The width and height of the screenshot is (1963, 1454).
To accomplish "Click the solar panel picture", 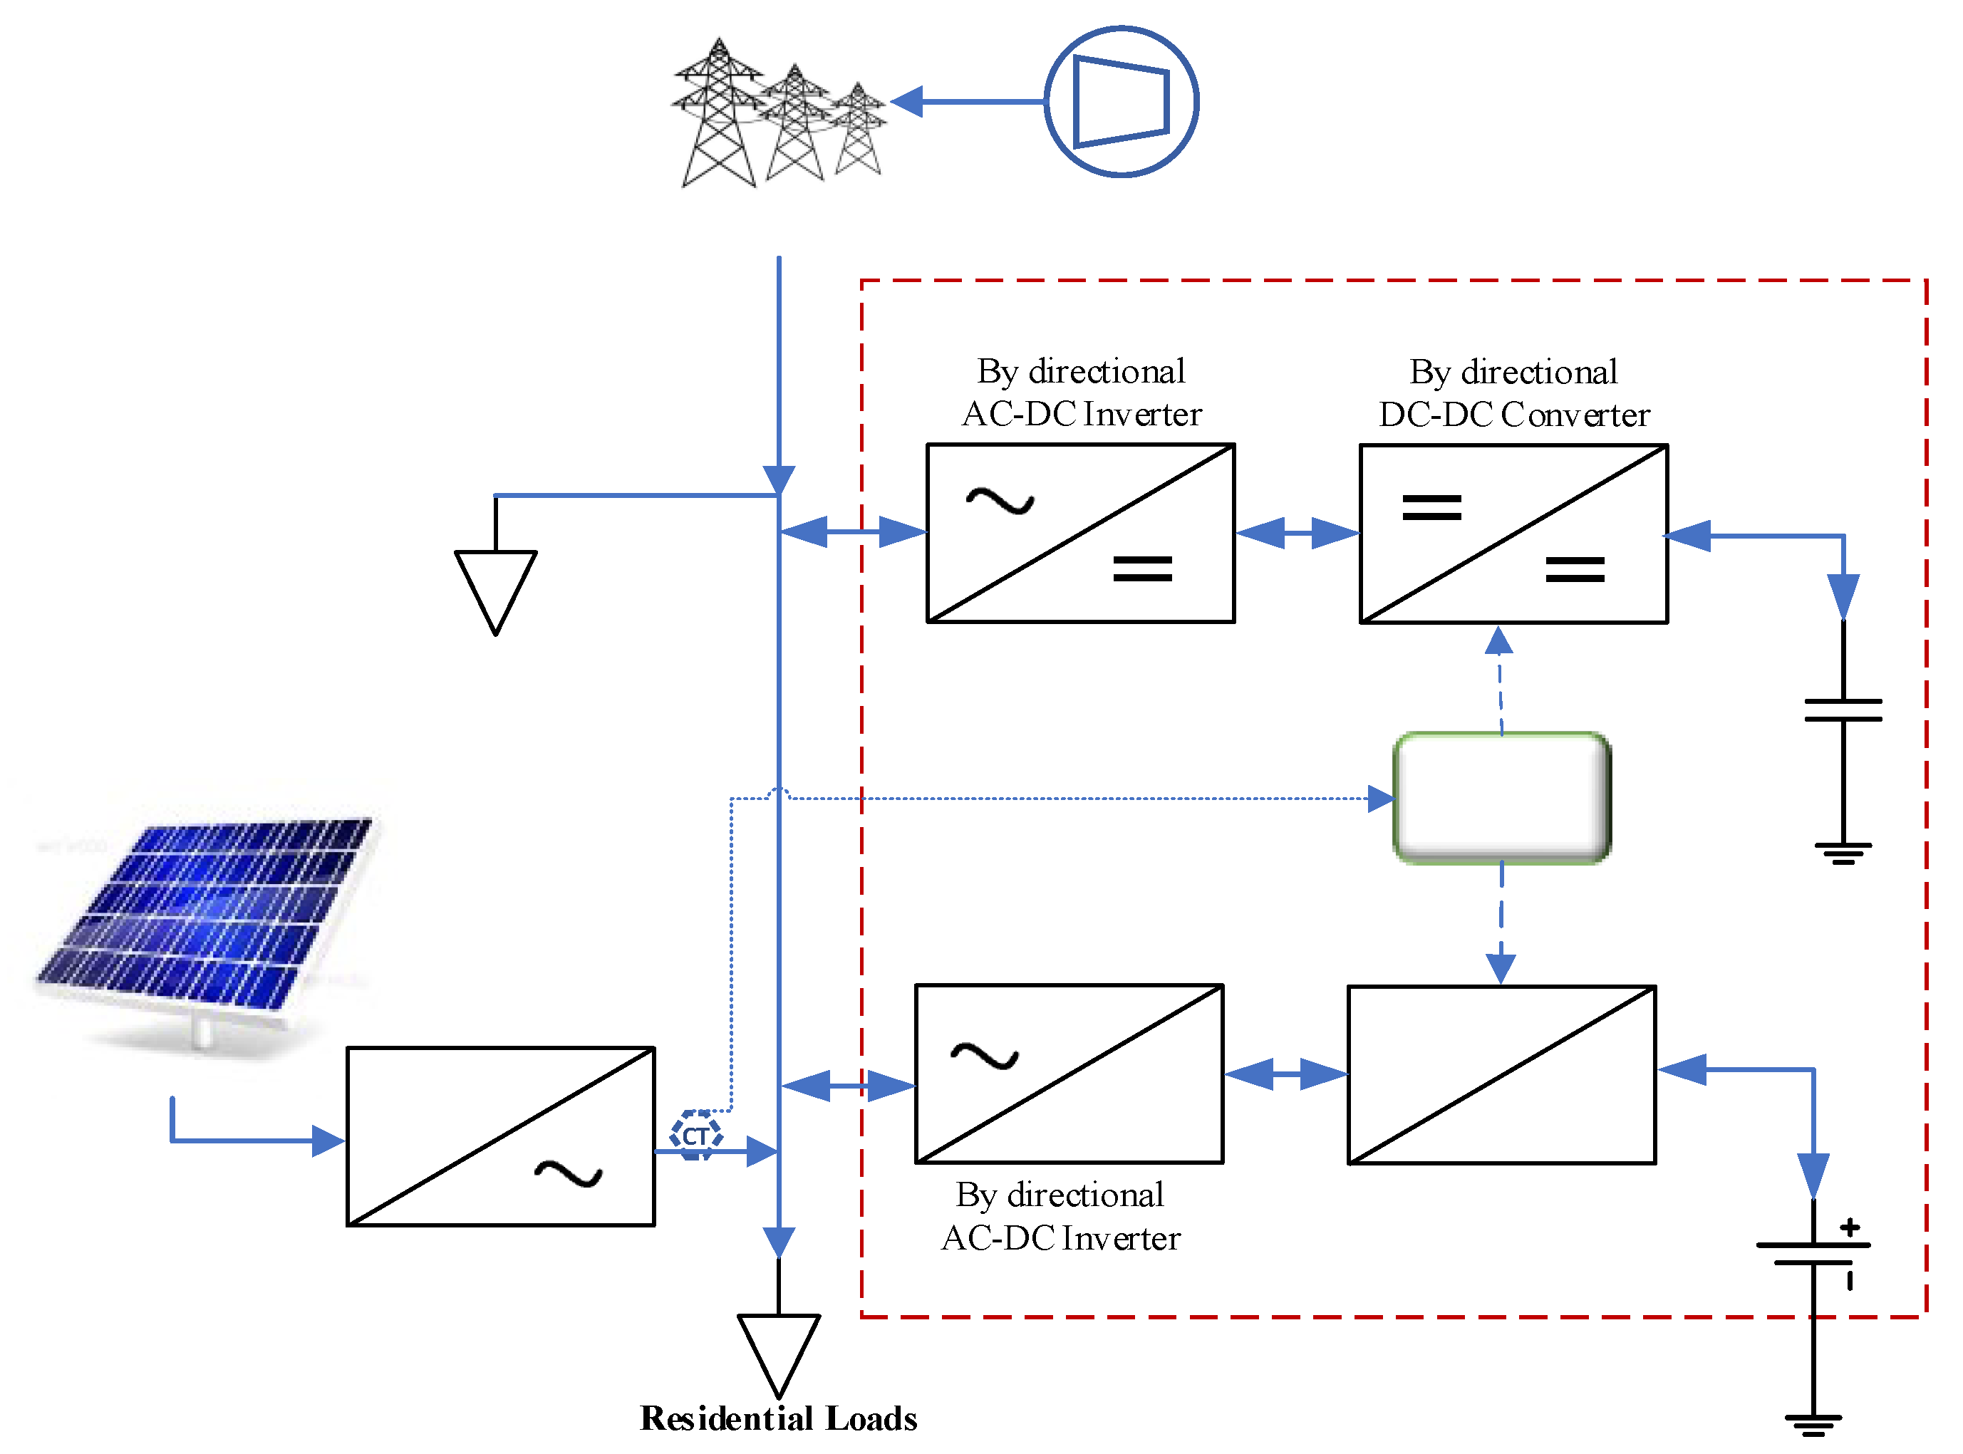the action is point(207,924).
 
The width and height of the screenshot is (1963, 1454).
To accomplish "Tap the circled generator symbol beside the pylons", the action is point(1121,101).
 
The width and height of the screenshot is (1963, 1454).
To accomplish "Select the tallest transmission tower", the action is point(718,112).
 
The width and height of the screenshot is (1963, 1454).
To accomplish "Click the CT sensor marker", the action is point(695,1136).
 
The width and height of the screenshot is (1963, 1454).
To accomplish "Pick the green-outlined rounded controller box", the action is point(1502,797).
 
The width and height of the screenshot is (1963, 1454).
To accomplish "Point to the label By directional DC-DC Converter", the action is point(1513,393).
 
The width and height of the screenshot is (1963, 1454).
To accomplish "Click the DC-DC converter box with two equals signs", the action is point(1513,534).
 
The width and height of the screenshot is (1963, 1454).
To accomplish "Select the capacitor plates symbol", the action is point(1843,710).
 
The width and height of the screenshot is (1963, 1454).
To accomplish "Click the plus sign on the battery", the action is point(1850,1227).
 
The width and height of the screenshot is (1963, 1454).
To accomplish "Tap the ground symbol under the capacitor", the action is point(1843,853).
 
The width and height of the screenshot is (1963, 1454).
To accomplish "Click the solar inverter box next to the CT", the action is point(500,1136).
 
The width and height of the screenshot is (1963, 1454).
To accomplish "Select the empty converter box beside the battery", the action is point(1502,1075).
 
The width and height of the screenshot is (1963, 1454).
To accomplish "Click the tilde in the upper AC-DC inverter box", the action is point(1000,502).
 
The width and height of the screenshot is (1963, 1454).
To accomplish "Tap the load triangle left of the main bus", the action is point(496,592).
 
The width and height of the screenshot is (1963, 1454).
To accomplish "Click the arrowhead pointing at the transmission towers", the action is point(906,101).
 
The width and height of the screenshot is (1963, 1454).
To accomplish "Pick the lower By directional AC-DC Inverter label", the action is point(1061,1216).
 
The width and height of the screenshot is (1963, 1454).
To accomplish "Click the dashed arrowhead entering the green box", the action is point(1380,799).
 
